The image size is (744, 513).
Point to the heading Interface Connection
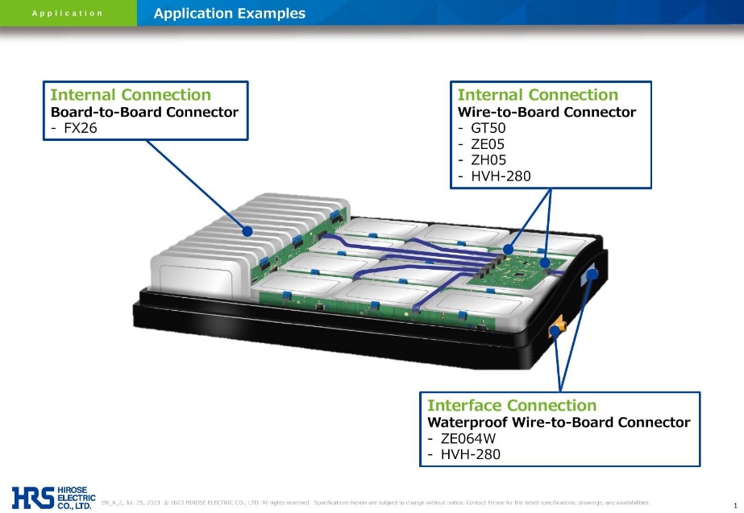coord(512,405)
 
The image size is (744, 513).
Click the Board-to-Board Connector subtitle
coord(144,112)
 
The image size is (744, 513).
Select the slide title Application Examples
coord(230,13)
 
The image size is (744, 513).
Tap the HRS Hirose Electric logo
coord(53,497)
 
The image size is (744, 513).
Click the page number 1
coord(736,504)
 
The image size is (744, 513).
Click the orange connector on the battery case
coord(557,328)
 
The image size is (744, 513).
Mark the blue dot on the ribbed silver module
coord(247,231)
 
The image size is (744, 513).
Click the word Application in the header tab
coord(68,13)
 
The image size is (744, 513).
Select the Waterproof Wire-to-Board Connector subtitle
coord(558,423)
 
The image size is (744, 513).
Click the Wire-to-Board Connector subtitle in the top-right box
coord(547,112)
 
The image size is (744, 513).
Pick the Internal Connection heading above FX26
coord(131,95)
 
